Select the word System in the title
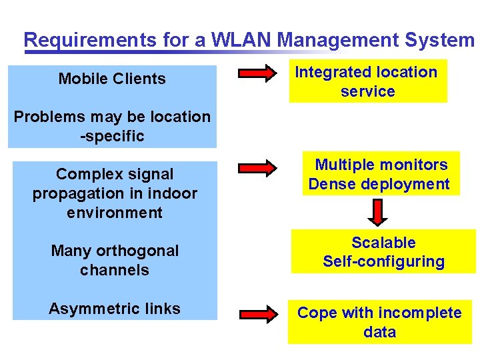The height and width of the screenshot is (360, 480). (439, 40)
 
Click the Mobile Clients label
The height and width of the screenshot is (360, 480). (112, 79)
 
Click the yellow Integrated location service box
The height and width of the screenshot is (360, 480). (367, 81)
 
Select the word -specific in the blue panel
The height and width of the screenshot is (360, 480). (112, 136)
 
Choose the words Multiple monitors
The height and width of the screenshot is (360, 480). (381, 165)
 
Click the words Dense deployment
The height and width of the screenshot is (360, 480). (379, 184)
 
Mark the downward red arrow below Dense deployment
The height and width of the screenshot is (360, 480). (378, 212)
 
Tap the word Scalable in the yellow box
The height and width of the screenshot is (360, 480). (383, 243)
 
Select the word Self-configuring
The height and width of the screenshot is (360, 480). (383, 261)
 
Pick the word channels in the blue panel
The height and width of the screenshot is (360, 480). (115, 270)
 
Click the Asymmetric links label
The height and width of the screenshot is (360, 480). (115, 309)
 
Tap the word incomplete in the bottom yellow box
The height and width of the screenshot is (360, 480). (419, 313)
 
